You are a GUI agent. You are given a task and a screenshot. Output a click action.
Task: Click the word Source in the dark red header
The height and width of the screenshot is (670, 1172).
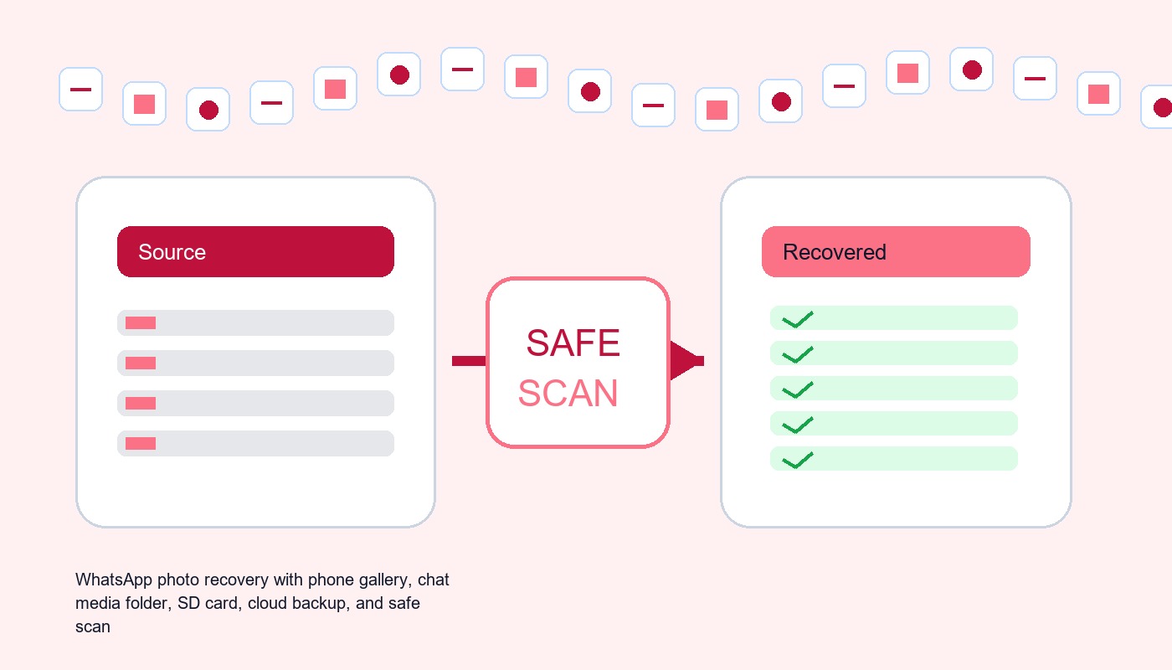pos(172,252)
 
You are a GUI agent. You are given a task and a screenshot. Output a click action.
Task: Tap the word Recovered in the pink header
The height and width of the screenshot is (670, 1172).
pos(834,252)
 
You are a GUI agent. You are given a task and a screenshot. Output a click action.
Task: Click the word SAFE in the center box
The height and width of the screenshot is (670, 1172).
pos(573,343)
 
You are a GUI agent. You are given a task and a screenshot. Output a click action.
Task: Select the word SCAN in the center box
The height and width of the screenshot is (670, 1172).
pos(568,393)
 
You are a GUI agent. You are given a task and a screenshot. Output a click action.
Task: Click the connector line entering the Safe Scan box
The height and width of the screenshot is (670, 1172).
pos(470,361)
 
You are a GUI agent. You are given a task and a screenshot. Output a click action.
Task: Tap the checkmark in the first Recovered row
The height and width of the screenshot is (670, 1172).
pos(797,319)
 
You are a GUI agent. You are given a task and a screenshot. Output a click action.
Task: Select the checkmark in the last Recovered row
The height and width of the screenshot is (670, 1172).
pos(797,460)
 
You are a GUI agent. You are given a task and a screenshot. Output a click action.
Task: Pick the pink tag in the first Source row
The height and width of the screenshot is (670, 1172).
pos(141,323)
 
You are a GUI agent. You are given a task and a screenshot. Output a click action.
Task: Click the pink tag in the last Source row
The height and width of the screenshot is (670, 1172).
pos(141,444)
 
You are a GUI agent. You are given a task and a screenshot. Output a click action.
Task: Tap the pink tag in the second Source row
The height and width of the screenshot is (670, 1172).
pos(141,363)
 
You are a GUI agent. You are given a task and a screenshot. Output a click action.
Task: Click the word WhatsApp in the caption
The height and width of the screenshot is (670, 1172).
pos(114,580)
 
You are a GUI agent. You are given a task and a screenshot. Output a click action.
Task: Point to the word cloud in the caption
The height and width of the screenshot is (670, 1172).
pos(267,603)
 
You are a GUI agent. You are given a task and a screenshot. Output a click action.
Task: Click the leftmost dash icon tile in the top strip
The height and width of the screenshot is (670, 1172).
pos(80,89)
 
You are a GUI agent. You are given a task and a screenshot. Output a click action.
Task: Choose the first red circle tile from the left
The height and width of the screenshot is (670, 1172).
pos(208,110)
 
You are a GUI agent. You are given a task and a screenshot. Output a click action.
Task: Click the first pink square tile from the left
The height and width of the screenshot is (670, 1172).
pos(144,104)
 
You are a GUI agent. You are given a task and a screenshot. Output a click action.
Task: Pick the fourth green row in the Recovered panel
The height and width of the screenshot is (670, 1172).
pos(894,424)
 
